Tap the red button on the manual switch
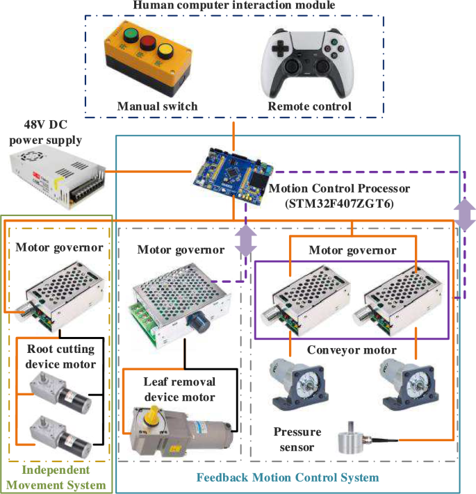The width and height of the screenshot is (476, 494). coord(147,44)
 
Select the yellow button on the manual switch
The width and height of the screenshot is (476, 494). coord(165,51)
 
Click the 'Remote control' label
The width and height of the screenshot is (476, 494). coord(309,106)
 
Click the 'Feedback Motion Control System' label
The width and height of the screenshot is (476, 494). coord(288,478)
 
